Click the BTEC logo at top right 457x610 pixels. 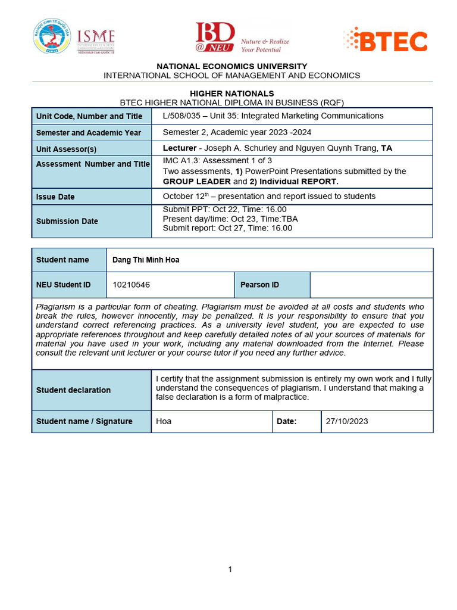386,41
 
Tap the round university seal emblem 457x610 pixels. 52,37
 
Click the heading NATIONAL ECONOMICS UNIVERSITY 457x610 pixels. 231,66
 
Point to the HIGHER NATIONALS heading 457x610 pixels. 231,94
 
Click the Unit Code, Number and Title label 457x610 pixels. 89,116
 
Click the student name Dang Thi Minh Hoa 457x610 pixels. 146,260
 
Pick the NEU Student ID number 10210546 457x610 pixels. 132,285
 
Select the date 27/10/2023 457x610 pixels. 347,421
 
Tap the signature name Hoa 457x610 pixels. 164,421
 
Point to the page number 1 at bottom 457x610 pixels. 230,569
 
